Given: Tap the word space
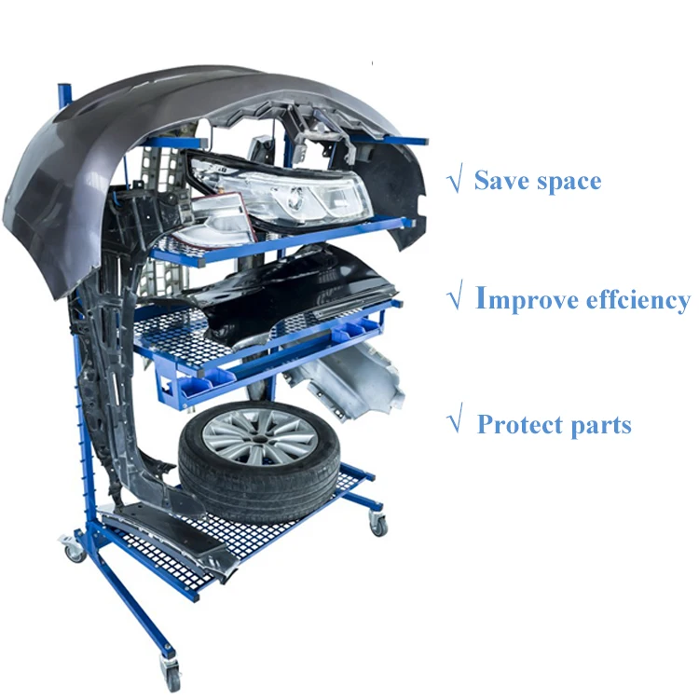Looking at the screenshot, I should click(568, 181).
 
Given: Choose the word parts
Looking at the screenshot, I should click(596, 426).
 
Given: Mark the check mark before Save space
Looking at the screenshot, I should click(455, 180).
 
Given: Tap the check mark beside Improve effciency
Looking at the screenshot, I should click(455, 300).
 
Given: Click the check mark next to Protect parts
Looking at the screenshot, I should click(455, 425).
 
